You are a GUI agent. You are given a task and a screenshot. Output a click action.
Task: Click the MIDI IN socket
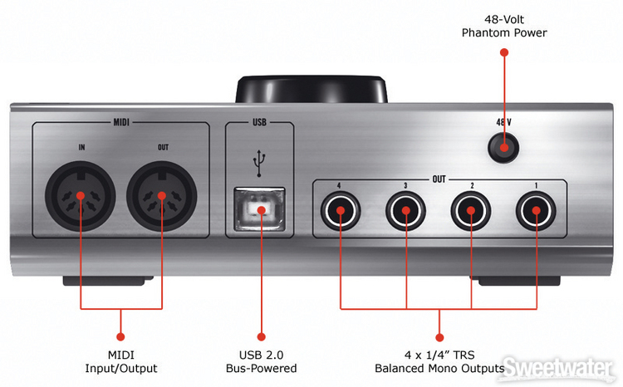(82, 198)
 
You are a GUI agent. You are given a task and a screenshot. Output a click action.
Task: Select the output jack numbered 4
(340, 211)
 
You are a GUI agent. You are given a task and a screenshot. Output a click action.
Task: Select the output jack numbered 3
(405, 211)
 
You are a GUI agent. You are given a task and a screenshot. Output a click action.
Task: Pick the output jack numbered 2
(470, 211)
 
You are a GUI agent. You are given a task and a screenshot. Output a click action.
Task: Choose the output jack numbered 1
(535, 211)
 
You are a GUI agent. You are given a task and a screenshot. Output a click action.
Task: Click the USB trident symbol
(260, 163)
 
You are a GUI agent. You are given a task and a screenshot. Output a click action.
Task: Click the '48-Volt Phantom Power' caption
(504, 26)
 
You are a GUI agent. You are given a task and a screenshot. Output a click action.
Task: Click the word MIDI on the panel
(120, 125)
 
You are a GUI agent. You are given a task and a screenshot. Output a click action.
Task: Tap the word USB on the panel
(259, 125)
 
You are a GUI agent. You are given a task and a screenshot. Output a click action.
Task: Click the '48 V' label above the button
(503, 121)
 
